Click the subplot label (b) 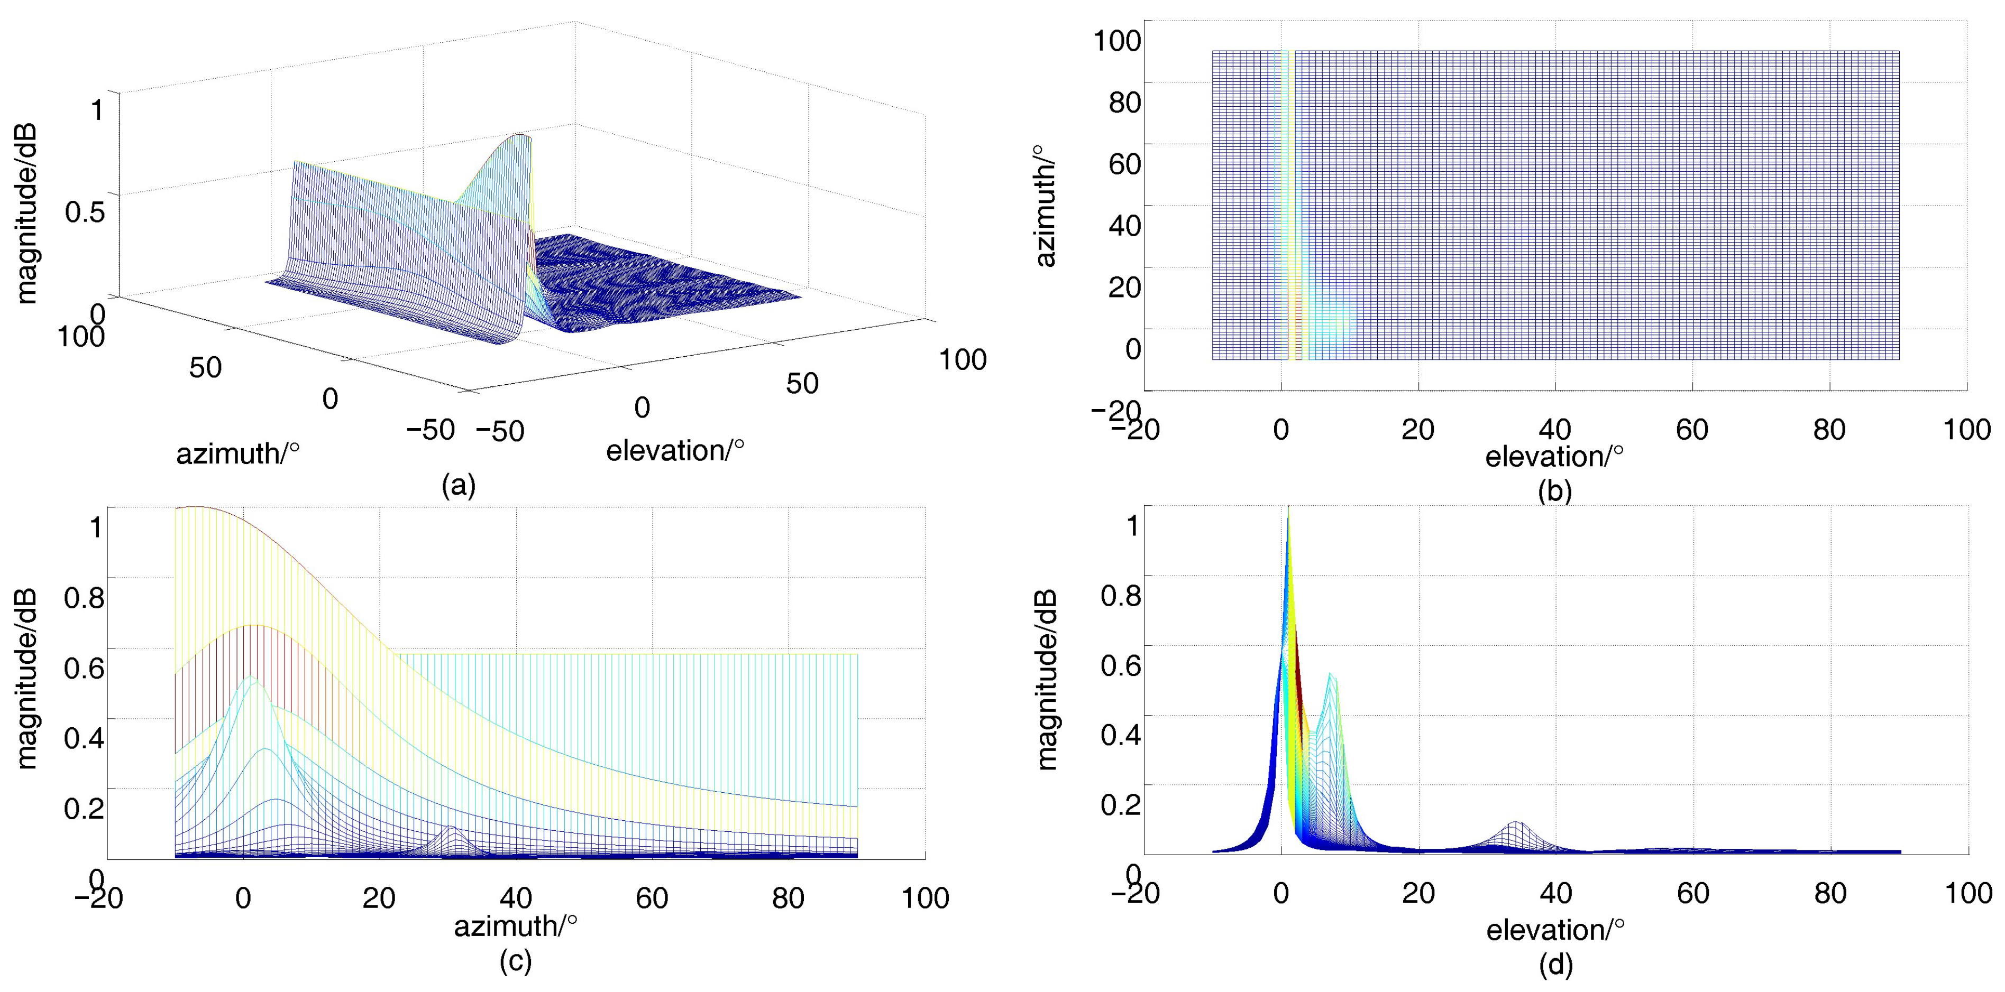click(1554, 490)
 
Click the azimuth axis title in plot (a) click(237, 453)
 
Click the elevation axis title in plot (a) click(675, 450)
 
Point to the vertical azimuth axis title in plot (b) click(1045, 206)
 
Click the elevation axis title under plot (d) click(1554, 930)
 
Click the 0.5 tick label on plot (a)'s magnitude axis click(84, 211)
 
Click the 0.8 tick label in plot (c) click(84, 598)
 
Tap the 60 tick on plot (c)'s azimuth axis click(652, 898)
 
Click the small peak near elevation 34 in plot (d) click(1515, 823)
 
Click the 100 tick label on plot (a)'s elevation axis click(962, 359)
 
